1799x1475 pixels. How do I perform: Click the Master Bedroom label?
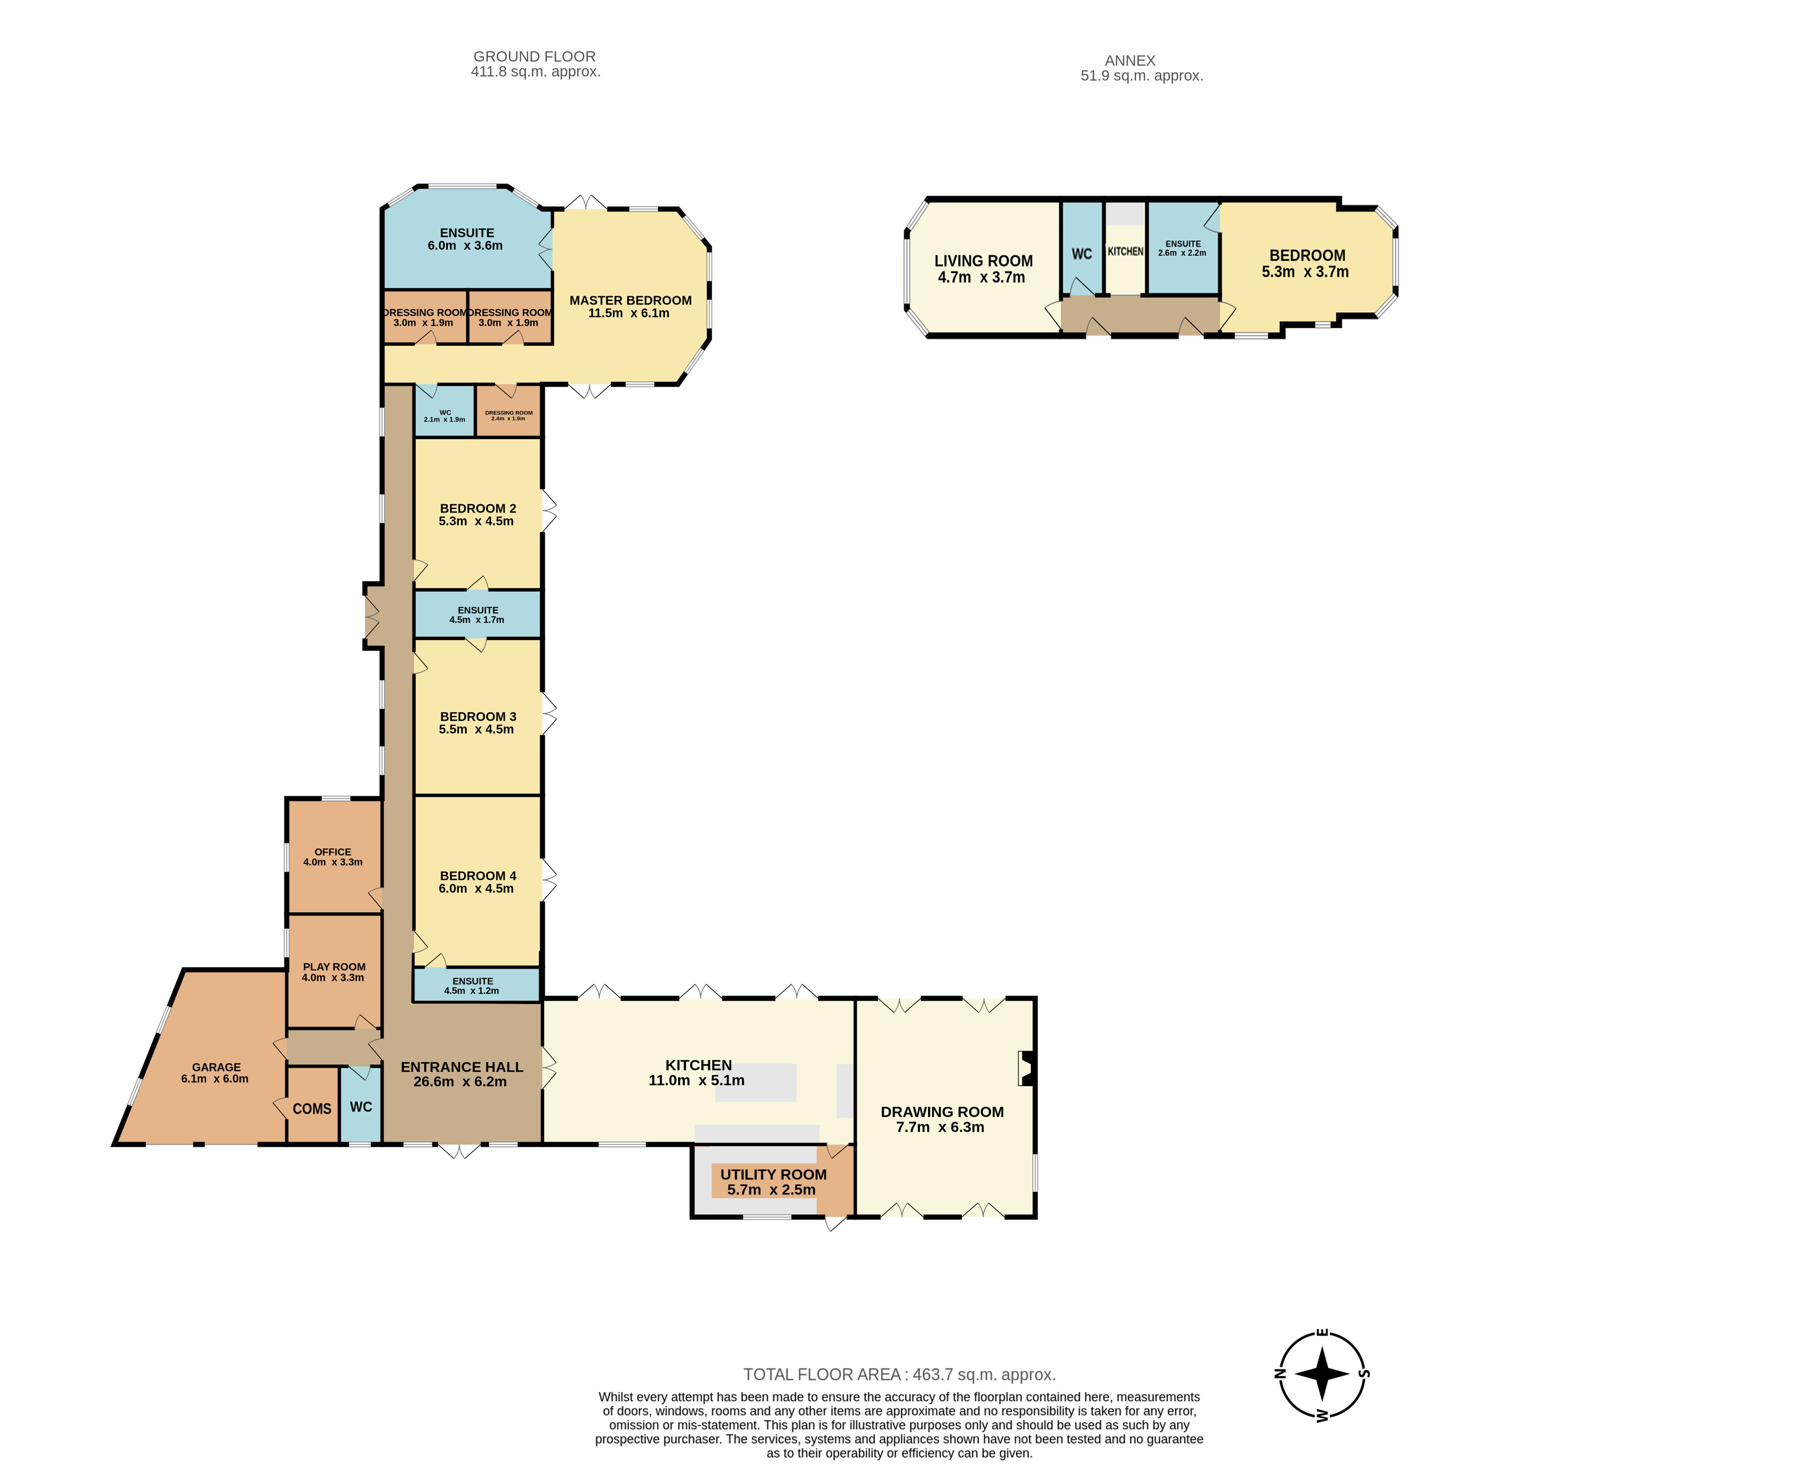coord(630,300)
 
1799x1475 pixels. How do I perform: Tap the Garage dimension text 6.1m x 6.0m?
coord(215,1079)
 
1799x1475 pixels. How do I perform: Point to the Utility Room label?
coord(773,1174)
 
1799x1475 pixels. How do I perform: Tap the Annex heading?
coord(1130,61)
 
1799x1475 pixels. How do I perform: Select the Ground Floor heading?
coord(535,56)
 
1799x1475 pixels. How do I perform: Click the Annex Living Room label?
coord(983,261)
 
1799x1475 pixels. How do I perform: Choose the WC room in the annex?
coord(1081,253)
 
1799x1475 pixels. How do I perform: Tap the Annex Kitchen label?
coord(1125,251)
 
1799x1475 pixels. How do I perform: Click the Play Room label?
coord(334,967)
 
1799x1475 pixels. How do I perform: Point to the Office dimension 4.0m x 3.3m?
coord(333,862)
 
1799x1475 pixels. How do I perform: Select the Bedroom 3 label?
coord(478,716)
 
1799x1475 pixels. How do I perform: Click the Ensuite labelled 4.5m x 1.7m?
coord(478,614)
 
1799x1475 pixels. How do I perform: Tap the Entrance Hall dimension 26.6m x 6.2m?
coord(460,1081)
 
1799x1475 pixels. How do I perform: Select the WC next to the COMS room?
coord(360,1106)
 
